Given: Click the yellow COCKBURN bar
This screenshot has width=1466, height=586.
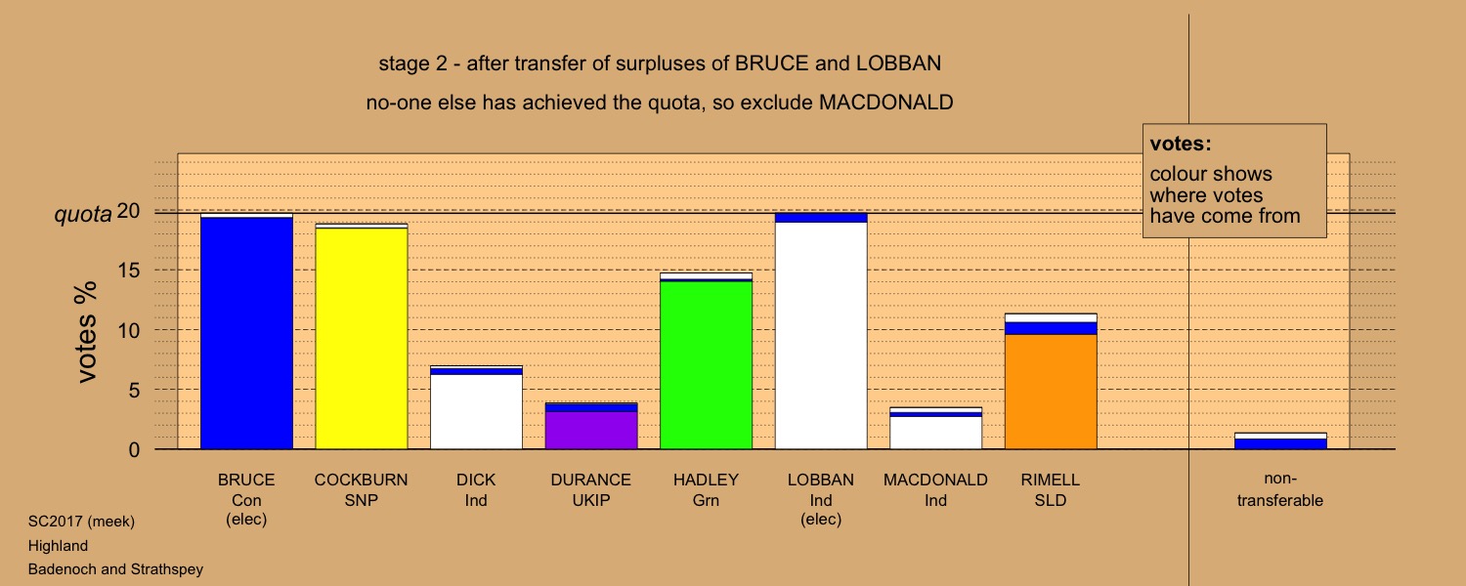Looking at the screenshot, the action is [x=362, y=338].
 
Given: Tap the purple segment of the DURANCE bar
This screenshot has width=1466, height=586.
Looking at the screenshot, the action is [x=591, y=431].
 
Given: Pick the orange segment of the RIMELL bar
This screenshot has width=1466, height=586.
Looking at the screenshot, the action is [x=1051, y=392].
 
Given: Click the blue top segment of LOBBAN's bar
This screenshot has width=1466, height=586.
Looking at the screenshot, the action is [x=821, y=218].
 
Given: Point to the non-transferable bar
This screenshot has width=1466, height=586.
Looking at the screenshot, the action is [x=1280, y=440].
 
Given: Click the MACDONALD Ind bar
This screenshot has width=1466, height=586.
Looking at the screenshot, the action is [x=936, y=429].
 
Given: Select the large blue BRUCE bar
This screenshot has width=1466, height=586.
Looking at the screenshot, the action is [x=246, y=333].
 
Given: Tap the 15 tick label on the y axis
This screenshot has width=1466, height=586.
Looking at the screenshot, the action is [x=129, y=271].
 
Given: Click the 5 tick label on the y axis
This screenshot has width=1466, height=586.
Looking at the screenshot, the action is [x=134, y=391].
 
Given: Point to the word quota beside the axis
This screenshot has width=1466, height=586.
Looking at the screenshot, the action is [x=83, y=215].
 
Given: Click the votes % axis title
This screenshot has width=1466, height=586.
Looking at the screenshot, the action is [x=86, y=332].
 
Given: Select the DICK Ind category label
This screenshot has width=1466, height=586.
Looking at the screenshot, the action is [x=476, y=490].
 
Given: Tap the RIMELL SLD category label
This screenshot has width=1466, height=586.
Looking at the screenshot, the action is [x=1051, y=490].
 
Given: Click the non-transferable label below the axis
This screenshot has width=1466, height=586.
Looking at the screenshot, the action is [x=1280, y=490].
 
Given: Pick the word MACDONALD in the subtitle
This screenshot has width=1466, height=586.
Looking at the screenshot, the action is [x=886, y=103].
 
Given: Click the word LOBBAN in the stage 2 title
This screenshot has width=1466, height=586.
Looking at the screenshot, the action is [x=898, y=63].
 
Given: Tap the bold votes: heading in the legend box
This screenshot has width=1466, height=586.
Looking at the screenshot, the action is [x=1181, y=144].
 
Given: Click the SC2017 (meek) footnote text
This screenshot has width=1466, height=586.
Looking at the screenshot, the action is [x=81, y=522].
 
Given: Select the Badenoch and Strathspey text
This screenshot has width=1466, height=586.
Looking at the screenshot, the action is [x=116, y=569].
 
